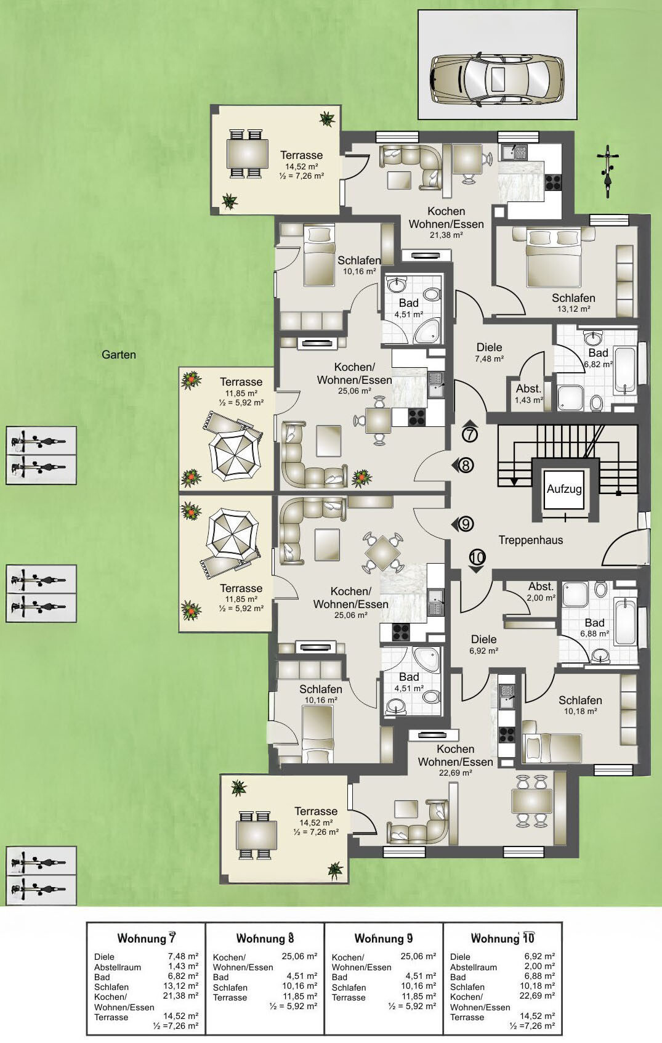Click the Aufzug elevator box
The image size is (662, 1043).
point(563,489)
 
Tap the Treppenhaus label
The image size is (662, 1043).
point(531,540)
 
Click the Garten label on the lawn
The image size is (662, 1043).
point(119,355)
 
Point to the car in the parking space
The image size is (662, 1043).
point(496,79)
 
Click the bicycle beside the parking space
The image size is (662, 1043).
point(608,171)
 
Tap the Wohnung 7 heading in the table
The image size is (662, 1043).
point(146,937)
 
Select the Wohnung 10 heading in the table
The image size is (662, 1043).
point(503,937)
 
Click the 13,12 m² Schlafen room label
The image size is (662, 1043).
point(573,302)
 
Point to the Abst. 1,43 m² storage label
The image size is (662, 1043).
point(529,394)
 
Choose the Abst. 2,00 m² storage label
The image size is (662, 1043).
point(541,592)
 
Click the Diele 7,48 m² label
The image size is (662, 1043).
point(490,352)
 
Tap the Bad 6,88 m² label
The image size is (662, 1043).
point(594,628)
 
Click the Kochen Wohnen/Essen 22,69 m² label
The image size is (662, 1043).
point(455,760)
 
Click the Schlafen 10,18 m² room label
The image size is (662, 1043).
point(581,705)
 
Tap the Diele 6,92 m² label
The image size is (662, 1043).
point(483,644)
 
